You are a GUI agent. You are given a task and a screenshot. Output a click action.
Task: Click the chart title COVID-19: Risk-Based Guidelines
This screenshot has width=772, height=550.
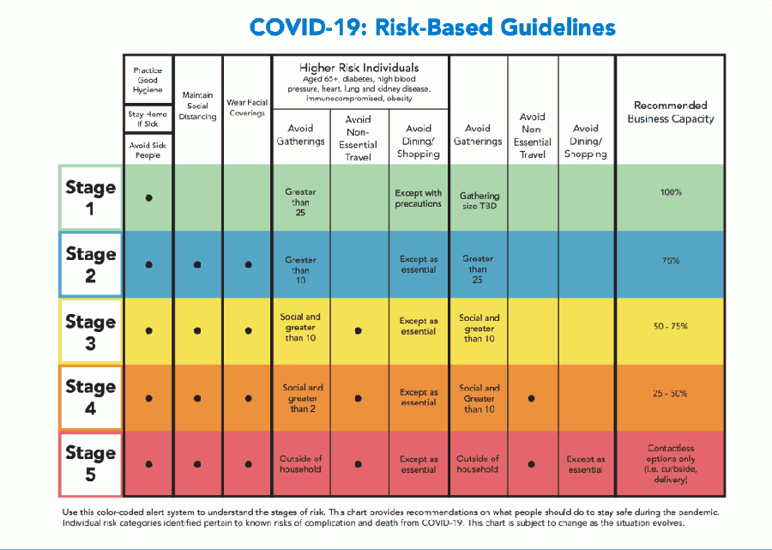[x=432, y=27]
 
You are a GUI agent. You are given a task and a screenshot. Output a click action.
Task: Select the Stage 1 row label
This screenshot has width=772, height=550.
[x=91, y=197]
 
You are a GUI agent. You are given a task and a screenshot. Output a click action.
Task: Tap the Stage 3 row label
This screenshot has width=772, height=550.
[x=91, y=331]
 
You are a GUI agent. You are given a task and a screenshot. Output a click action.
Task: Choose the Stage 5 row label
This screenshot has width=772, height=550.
[x=91, y=464]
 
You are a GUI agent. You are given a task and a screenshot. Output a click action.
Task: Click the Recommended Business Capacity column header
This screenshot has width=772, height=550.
[x=671, y=112]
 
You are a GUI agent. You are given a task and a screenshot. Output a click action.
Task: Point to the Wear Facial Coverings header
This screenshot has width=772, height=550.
[x=247, y=108]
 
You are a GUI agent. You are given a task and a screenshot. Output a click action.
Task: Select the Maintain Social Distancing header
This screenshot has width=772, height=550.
[x=197, y=106]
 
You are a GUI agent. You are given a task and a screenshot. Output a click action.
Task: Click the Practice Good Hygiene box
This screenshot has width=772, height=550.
[x=148, y=80]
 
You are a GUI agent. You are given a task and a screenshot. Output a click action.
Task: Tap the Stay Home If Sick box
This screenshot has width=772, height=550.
[x=148, y=118]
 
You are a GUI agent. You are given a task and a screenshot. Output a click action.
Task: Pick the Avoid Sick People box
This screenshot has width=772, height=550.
[x=148, y=149]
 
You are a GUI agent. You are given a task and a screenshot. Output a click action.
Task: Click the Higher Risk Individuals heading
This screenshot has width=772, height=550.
[x=359, y=68]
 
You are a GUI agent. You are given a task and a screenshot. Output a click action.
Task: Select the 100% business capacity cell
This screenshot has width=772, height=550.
[x=671, y=192]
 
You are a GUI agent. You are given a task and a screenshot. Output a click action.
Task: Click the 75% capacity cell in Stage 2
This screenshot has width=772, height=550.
[x=671, y=261]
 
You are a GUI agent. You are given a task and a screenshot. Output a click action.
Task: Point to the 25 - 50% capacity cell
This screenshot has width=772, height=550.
[x=670, y=394]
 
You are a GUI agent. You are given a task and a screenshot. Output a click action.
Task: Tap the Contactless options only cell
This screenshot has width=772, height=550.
[x=671, y=463]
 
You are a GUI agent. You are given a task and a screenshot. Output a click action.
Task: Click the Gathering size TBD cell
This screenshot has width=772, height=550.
[x=479, y=201]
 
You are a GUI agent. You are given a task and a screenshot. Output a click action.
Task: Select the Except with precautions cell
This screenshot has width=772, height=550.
[x=418, y=198]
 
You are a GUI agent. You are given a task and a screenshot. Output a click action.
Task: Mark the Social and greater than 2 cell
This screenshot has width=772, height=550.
[x=302, y=398]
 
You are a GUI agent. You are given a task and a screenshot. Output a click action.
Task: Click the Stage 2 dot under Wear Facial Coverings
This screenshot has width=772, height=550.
[x=248, y=264]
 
